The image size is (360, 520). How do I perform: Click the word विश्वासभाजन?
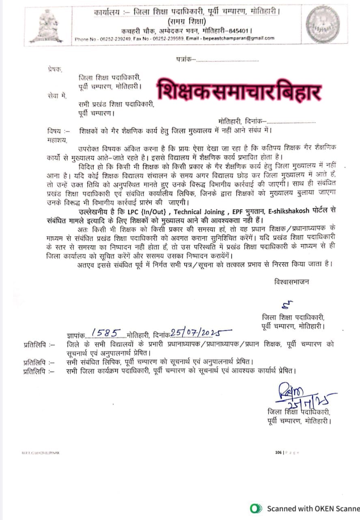point(291,282)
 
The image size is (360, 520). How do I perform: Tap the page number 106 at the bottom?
point(278,452)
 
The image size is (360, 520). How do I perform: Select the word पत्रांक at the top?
point(185,59)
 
